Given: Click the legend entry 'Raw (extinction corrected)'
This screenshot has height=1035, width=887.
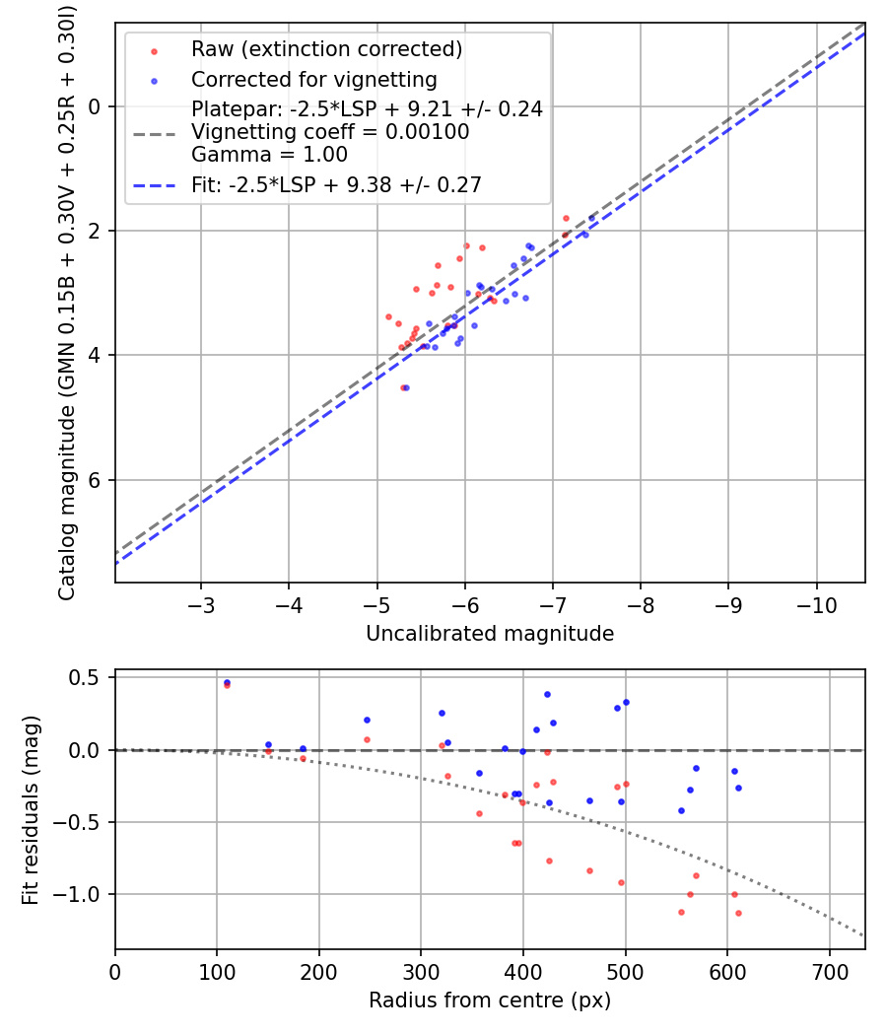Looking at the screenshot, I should [326, 49].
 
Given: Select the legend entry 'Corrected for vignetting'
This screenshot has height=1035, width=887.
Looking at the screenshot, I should [313, 79].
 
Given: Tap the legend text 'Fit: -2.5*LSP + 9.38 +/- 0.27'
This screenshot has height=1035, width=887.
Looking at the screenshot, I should [336, 184].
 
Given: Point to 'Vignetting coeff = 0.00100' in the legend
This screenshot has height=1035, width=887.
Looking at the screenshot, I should [330, 132].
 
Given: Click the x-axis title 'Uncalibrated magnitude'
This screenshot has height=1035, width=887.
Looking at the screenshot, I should [490, 634].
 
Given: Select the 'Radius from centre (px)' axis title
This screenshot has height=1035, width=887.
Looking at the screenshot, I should [490, 1000].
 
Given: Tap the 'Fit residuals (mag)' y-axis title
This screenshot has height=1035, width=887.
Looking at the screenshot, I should [31, 809].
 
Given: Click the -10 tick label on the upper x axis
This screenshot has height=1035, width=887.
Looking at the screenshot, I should [817, 603].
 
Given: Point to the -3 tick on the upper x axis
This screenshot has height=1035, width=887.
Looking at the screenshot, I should [201, 603].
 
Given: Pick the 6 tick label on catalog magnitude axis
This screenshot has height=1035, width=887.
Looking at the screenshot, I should [97, 480].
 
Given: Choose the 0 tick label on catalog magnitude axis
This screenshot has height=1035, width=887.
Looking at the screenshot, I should [97, 106].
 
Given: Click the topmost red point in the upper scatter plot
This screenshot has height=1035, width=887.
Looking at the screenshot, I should [566, 218].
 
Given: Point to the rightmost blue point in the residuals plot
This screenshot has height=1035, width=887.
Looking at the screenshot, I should [738, 788].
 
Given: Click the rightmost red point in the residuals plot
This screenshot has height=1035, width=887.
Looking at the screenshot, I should [738, 913].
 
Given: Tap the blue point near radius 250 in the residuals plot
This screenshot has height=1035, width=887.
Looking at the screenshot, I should [367, 720].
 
